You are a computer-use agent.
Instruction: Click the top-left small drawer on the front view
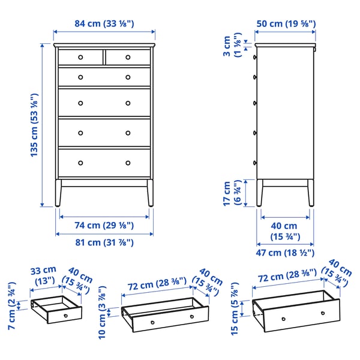[80, 57]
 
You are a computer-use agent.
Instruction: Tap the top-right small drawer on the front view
[128, 57]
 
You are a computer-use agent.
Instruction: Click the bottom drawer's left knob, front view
[80, 163]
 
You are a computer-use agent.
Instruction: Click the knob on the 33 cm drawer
[64, 315]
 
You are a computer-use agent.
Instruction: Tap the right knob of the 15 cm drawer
[323, 313]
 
